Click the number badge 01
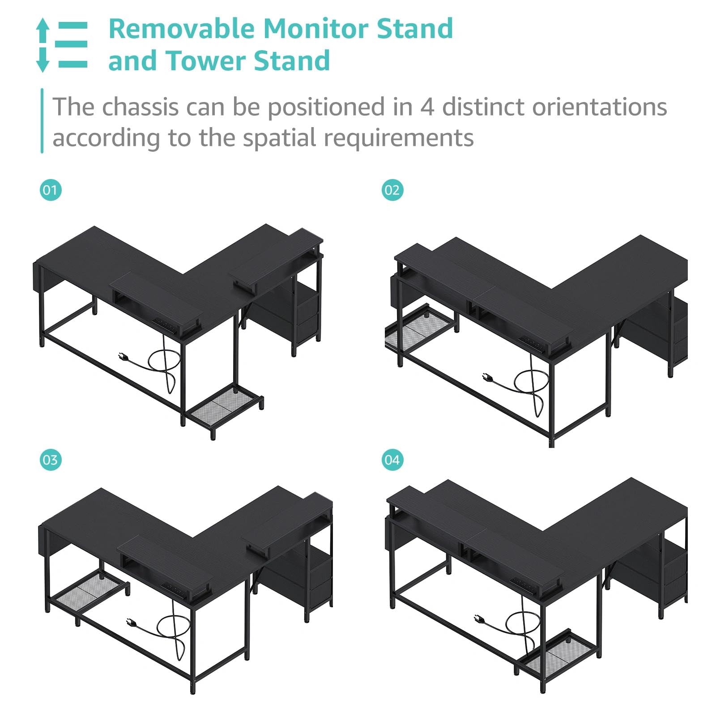[51, 190]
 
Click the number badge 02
[392, 190]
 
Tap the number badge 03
[51, 460]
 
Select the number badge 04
[392, 460]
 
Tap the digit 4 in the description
[427, 107]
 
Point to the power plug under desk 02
[487, 378]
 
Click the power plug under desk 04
[480, 618]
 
